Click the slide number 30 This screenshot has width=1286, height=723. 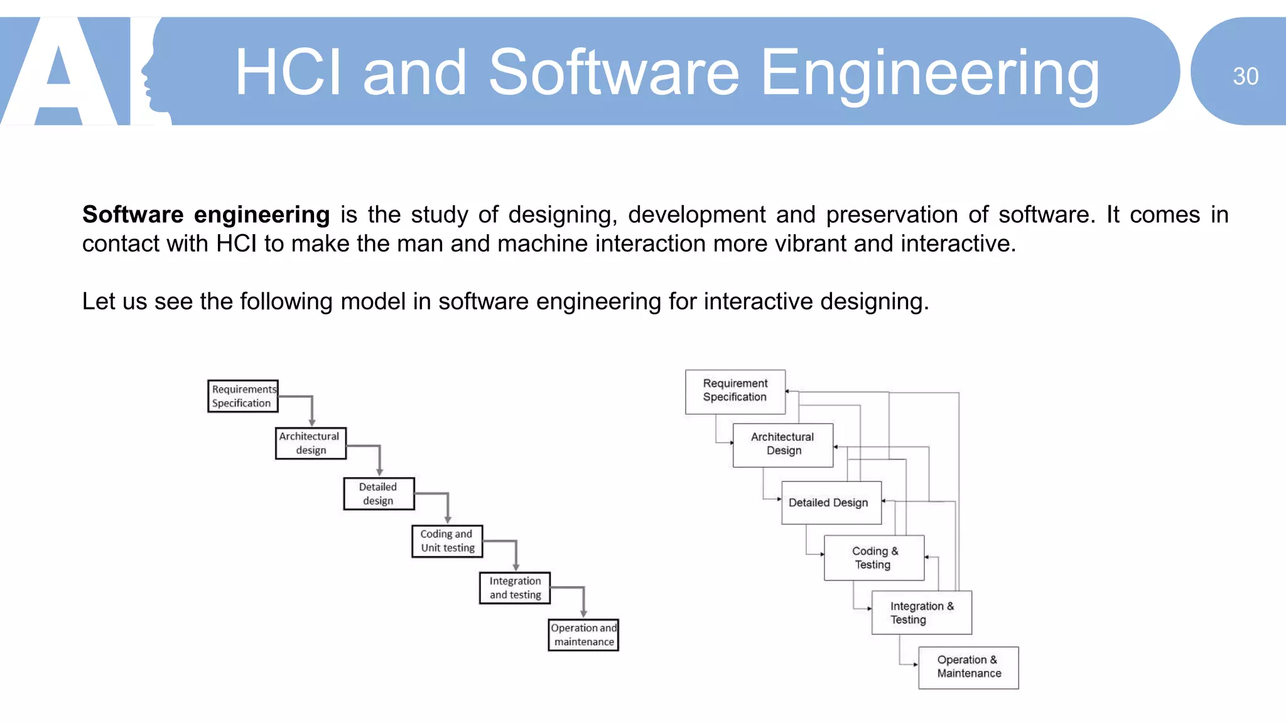[x=1245, y=77]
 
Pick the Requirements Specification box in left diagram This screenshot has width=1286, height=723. [x=243, y=396]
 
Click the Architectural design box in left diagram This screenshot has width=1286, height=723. [x=310, y=443]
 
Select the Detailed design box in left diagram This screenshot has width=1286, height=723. [x=378, y=493]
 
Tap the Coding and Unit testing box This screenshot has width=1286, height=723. [x=447, y=541]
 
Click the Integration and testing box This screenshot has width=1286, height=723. [x=515, y=588]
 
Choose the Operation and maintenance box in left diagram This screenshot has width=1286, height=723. [x=583, y=635]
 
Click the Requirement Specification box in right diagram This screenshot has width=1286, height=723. [x=735, y=392]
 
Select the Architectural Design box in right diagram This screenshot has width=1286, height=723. [x=783, y=445]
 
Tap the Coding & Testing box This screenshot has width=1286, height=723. [x=874, y=557]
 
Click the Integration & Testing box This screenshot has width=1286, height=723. [x=922, y=613]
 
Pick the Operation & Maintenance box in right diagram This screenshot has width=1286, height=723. [x=968, y=667]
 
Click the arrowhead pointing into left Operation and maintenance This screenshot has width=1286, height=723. [x=583, y=614]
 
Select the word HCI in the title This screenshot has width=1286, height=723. [x=288, y=73]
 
